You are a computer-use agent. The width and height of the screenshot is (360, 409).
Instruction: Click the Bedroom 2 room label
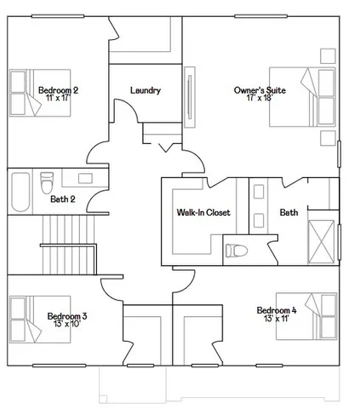coord(58,89)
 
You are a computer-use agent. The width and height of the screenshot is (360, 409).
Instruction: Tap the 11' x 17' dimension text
coord(58,98)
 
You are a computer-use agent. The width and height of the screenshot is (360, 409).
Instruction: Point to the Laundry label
coord(146,90)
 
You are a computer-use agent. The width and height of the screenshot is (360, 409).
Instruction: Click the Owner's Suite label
coord(260,89)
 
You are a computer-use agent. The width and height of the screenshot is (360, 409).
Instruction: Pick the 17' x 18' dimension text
coord(259,98)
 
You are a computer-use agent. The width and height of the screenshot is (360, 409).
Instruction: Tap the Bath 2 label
coord(63,199)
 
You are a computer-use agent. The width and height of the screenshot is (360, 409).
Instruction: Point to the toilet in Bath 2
coord(48,181)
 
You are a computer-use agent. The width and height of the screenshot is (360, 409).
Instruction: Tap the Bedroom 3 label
coord(67,316)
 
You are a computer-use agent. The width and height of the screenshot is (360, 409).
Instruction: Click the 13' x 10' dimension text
coord(67,325)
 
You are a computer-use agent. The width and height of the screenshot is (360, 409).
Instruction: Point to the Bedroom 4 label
coord(277,310)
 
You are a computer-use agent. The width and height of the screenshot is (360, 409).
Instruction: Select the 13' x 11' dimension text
coord(277,319)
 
